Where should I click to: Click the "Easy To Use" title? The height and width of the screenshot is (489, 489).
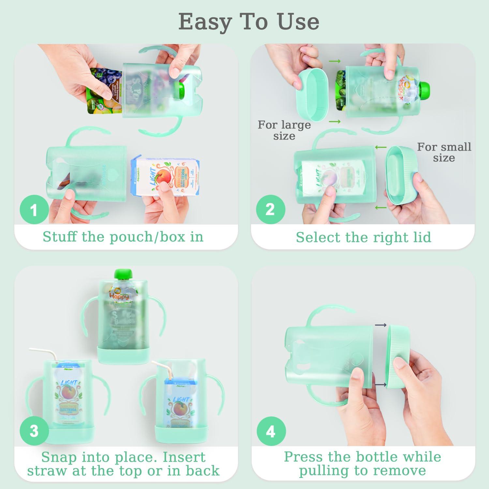tap(249, 22)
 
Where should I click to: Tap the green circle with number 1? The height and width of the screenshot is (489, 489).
tap(34, 210)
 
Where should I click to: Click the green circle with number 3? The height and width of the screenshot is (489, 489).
tap(34, 431)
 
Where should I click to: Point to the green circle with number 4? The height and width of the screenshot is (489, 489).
tap(271, 432)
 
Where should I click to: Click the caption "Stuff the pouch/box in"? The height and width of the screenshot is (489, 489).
tap(123, 237)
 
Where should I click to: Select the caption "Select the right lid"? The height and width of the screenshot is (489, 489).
tap(363, 237)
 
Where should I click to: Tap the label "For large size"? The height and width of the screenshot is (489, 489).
tap(284, 130)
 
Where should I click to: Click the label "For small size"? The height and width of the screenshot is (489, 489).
tap(444, 152)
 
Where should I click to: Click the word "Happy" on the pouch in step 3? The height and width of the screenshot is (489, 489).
tap(119, 296)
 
